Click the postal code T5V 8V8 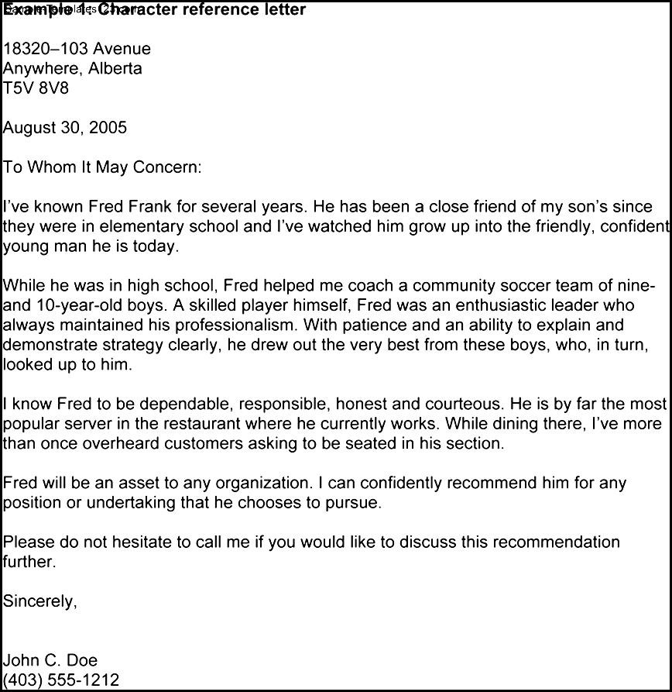[36, 88]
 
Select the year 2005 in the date [108, 128]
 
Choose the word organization [264, 484]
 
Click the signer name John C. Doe [50, 660]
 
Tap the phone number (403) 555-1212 [61, 680]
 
